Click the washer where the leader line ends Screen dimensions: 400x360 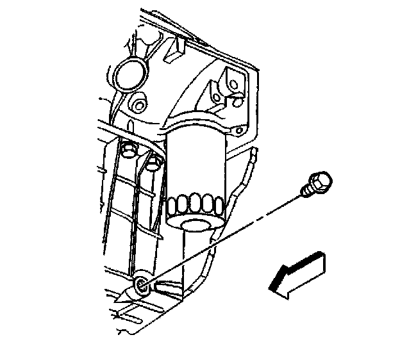[x=140, y=286]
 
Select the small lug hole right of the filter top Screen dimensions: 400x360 [x=239, y=131]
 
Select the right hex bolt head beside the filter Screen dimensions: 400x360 [x=153, y=163]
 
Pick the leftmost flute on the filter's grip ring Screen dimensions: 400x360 [x=171, y=205]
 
